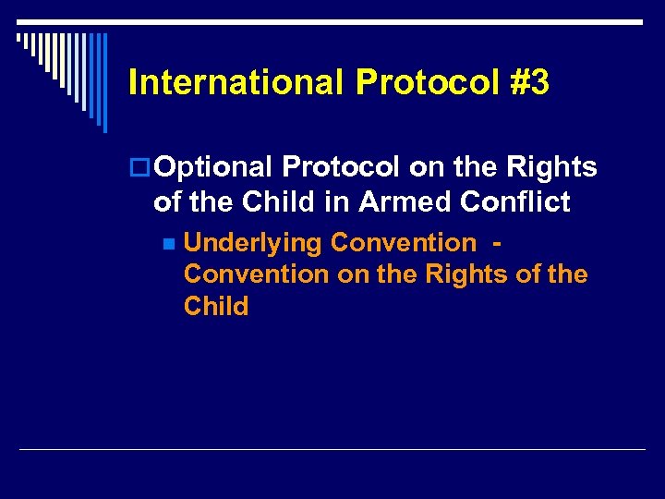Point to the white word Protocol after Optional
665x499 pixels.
coord(341,167)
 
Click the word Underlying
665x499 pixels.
coord(253,243)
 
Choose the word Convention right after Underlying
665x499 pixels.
coord(403,243)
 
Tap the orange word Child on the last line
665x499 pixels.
coord(216,307)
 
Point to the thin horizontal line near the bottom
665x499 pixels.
coord(332,449)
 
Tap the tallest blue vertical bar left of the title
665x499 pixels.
coord(104,83)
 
